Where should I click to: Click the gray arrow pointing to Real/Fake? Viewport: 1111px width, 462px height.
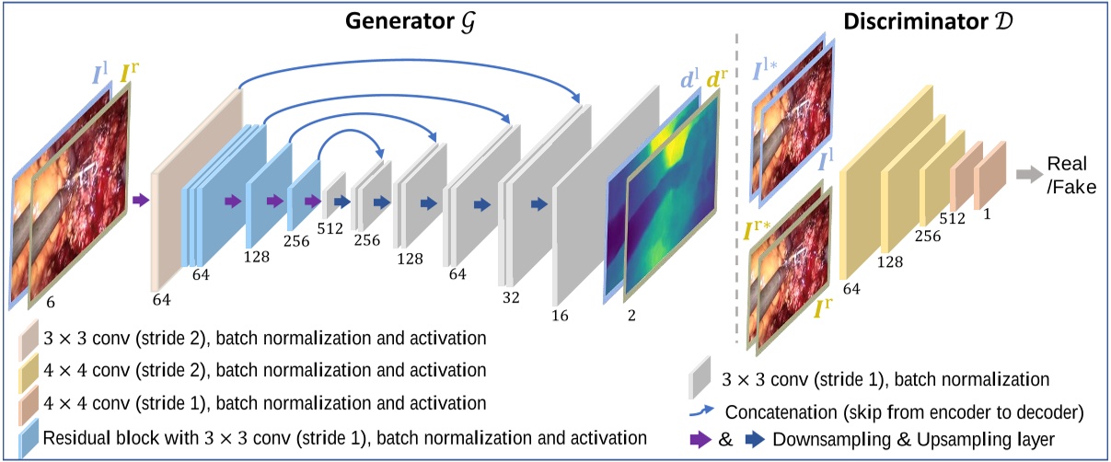[1027, 173]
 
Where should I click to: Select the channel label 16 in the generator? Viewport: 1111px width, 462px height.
[560, 316]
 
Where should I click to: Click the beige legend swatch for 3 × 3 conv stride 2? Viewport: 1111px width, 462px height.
[29, 340]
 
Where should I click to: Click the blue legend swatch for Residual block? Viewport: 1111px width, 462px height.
[29, 436]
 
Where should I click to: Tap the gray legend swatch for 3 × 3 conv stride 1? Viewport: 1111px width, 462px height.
[701, 376]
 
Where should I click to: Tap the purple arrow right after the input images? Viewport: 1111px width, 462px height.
[141, 198]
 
